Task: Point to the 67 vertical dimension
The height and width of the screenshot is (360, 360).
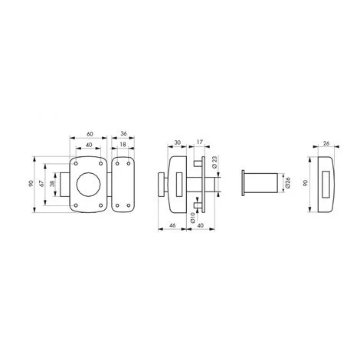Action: (47, 183)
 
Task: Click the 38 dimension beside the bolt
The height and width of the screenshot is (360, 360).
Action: (52, 184)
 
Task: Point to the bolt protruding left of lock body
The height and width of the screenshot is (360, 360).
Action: (69, 183)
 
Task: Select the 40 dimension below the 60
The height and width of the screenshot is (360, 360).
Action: (91, 143)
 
